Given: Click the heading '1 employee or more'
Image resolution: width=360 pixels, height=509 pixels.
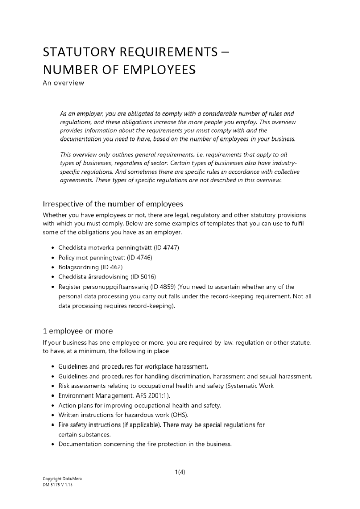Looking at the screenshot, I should click(x=78, y=331).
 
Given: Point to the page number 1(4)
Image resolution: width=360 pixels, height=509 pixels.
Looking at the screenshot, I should click(x=180, y=472).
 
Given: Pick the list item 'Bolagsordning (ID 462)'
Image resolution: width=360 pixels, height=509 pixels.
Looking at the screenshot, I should click(x=91, y=267).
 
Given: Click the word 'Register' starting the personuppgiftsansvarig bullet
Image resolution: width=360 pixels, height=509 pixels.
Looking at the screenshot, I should click(x=70, y=287).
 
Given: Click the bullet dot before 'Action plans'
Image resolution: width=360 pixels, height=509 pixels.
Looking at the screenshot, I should click(x=54, y=406).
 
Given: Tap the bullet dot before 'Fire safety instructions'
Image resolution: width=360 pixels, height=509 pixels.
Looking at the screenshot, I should click(x=54, y=425).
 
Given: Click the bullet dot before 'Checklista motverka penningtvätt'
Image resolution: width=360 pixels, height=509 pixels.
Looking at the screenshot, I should click(x=54, y=248).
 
